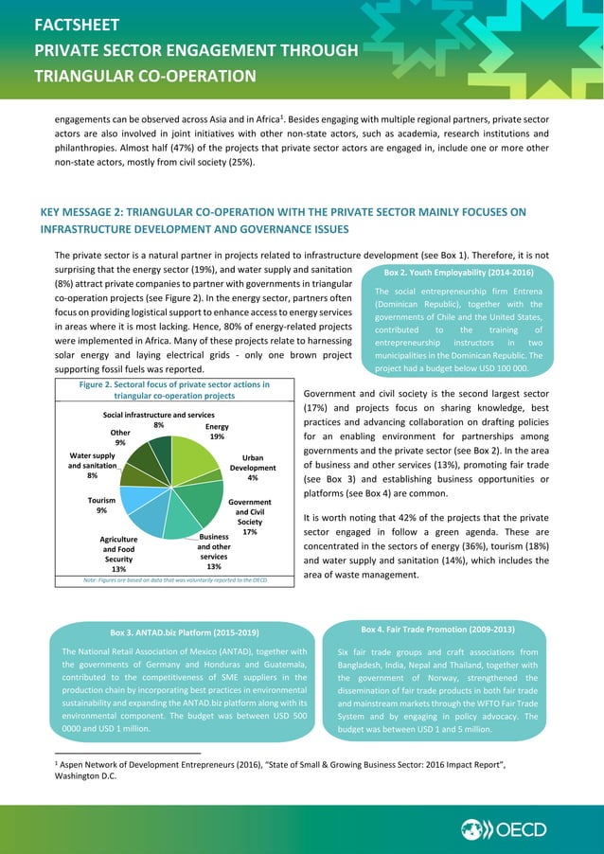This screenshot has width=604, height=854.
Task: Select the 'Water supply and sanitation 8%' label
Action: tap(92, 466)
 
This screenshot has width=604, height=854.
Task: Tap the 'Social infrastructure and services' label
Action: tap(158, 416)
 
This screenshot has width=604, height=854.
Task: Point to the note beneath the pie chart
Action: tap(162, 579)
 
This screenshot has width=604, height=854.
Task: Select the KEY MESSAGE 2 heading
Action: tap(283, 221)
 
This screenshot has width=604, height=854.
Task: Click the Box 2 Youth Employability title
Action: tap(458, 273)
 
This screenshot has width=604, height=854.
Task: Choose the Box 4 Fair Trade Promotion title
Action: tap(437, 629)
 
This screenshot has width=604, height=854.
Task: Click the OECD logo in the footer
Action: tap(504, 829)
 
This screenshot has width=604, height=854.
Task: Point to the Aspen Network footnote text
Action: tap(284, 768)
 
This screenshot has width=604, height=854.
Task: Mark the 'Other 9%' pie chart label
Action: tap(120, 437)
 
